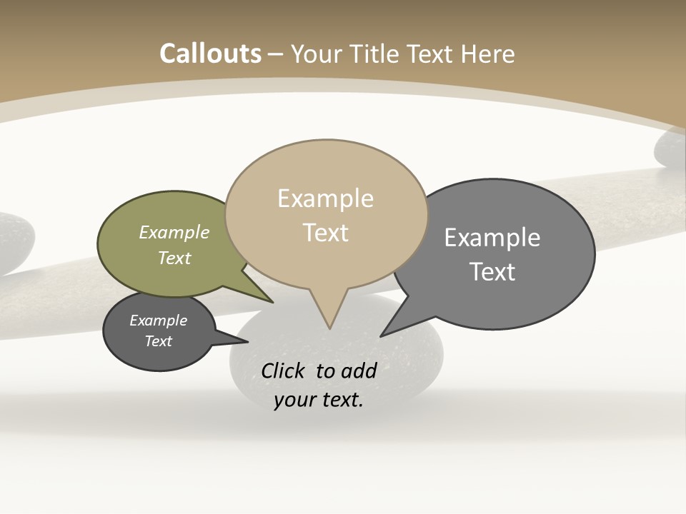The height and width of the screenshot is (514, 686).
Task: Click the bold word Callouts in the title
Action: click(210, 54)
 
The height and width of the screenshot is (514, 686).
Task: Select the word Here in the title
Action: click(488, 54)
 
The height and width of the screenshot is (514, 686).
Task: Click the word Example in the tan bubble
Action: click(325, 198)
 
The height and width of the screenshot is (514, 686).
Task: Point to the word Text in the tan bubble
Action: click(325, 233)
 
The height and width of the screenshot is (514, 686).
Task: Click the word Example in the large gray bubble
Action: click(492, 238)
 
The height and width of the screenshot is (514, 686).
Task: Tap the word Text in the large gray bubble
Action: click(492, 272)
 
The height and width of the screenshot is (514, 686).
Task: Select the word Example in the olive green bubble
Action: click(174, 232)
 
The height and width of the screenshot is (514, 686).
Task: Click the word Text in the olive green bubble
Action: click(174, 258)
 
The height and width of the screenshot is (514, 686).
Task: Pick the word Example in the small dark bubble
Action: click(158, 321)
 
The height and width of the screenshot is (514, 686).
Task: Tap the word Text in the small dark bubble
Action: click(158, 341)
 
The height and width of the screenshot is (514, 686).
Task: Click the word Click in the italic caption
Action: click(284, 371)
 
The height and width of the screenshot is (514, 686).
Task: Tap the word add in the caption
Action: click(359, 371)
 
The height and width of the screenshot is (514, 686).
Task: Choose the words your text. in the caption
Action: click(318, 399)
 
